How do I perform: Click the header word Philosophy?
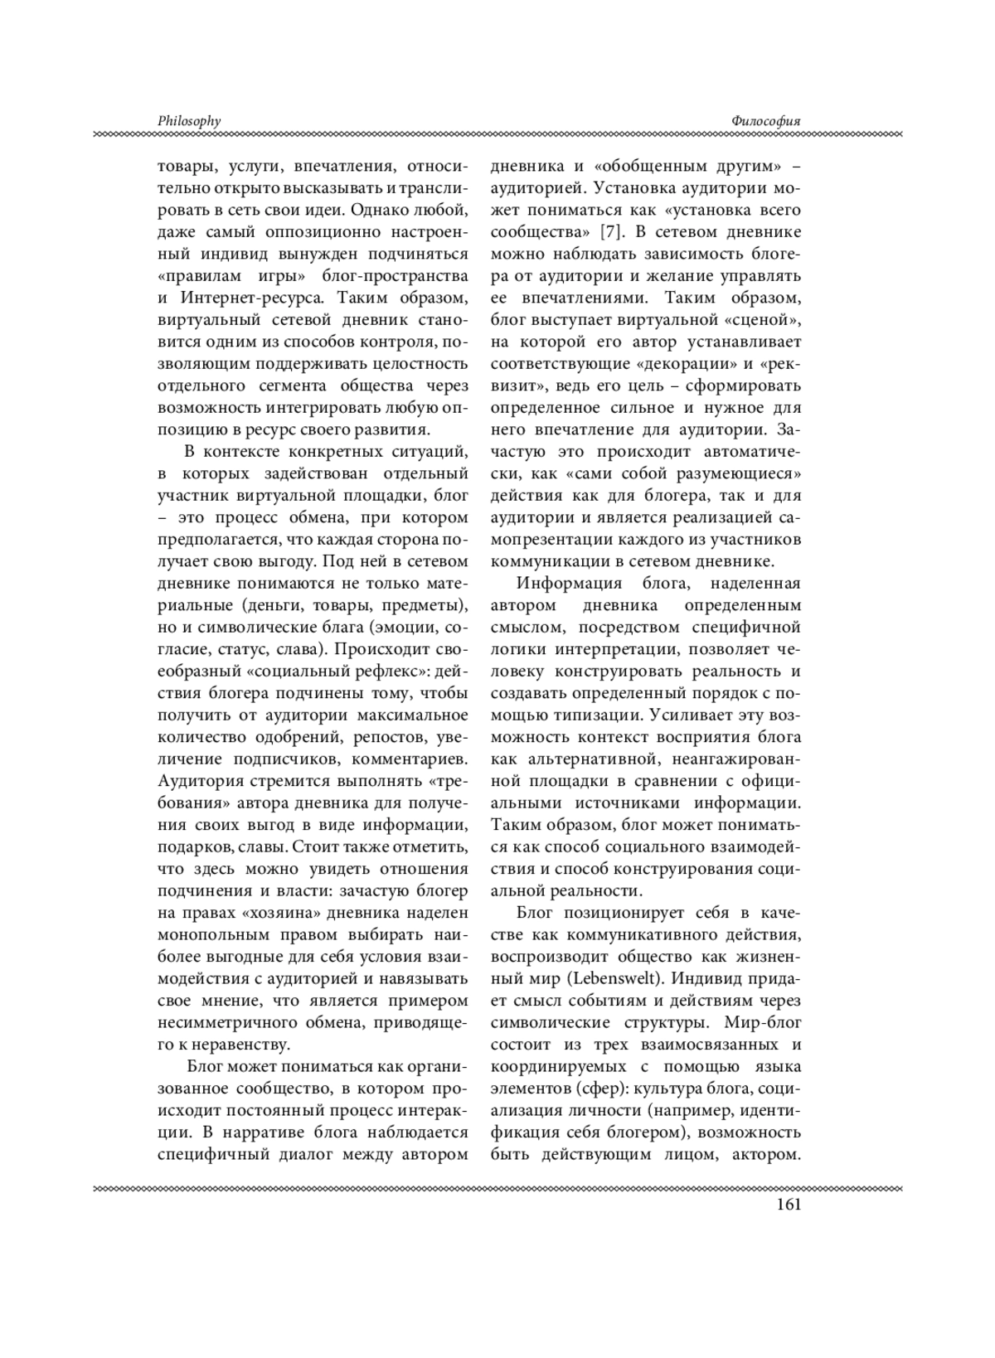(x=189, y=121)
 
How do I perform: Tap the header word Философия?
(x=766, y=121)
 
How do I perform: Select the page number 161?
(x=789, y=1205)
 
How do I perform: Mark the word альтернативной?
(x=590, y=758)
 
